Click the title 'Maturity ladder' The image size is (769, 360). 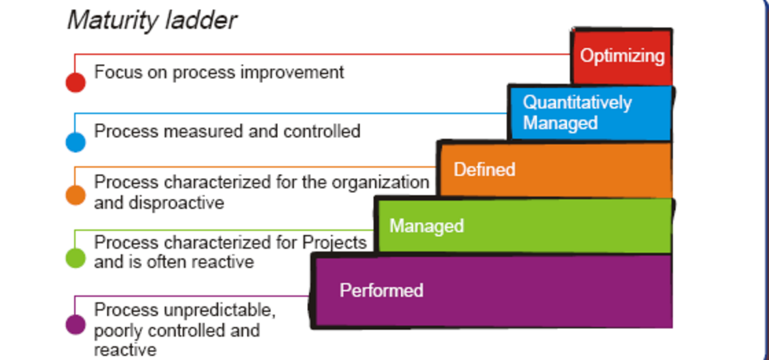pyautogui.click(x=152, y=20)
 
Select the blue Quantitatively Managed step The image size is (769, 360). pyautogui.click(x=590, y=113)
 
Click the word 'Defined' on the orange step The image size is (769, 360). pyautogui.click(x=484, y=169)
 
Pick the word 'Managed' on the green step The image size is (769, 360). pyautogui.click(x=426, y=226)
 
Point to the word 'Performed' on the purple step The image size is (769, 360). pyautogui.click(x=381, y=290)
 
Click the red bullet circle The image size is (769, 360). pyautogui.click(x=76, y=82)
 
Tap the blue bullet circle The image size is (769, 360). pyautogui.click(x=76, y=142)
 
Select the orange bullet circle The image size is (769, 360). pyautogui.click(x=76, y=195)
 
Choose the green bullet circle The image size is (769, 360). pyautogui.click(x=76, y=258)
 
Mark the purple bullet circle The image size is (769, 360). pyautogui.click(x=76, y=324)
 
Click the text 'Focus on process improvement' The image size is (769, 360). pyautogui.click(x=219, y=72)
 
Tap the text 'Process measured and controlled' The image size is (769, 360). pyautogui.click(x=227, y=131)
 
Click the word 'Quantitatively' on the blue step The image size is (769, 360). pyautogui.click(x=577, y=102)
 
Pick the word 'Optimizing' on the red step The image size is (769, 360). pyautogui.click(x=622, y=56)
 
